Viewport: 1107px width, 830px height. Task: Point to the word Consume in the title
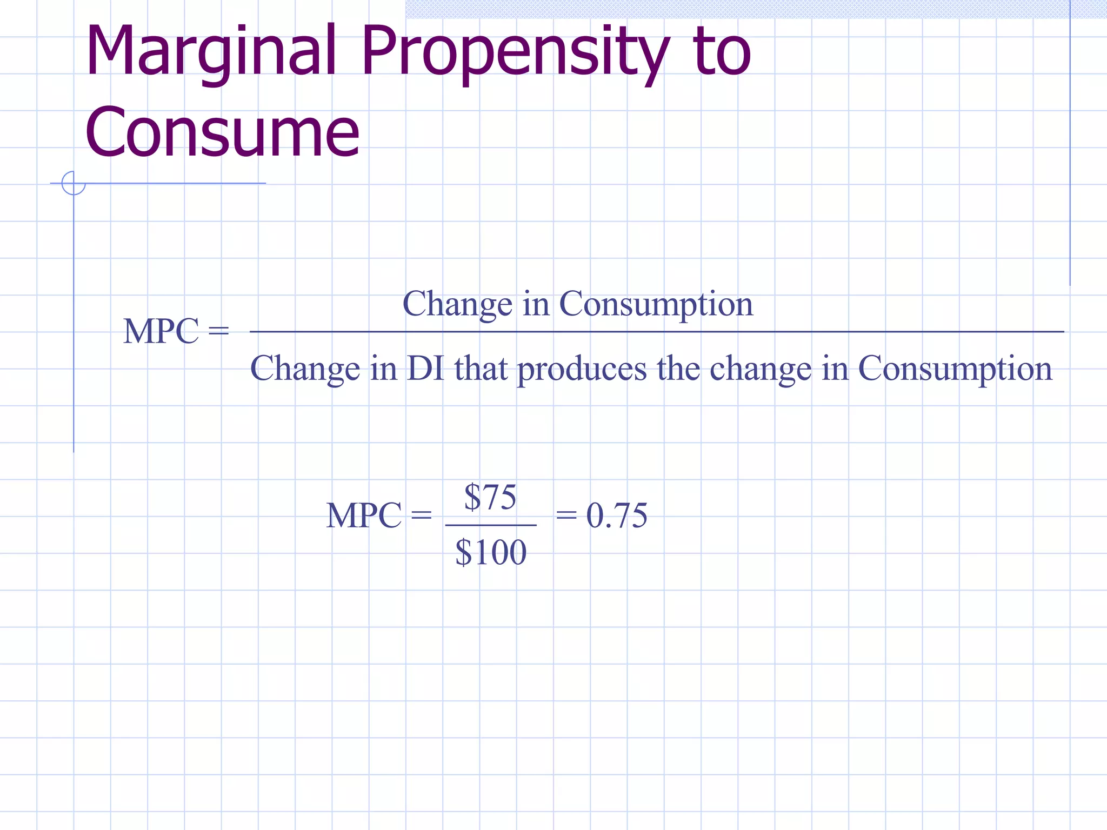click(222, 132)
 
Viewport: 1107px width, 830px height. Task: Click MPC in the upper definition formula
click(161, 331)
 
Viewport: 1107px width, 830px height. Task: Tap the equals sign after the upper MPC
click(218, 331)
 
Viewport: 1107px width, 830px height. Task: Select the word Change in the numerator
click(457, 304)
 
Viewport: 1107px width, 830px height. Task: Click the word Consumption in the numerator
click(656, 304)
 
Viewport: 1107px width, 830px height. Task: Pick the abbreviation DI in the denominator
click(425, 369)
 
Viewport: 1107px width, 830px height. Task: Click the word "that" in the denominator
click(481, 369)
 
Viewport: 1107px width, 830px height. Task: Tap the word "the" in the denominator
click(678, 369)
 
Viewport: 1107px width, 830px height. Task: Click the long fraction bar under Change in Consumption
click(656, 332)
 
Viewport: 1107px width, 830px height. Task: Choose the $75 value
click(490, 497)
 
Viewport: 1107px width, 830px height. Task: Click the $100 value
click(491, 552)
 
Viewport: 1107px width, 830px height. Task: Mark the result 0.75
click(617, 516)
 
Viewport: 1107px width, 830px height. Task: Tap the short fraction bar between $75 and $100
click(491, 525)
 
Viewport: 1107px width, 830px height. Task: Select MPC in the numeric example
click(364, 516)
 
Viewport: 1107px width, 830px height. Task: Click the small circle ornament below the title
click(74, 183)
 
